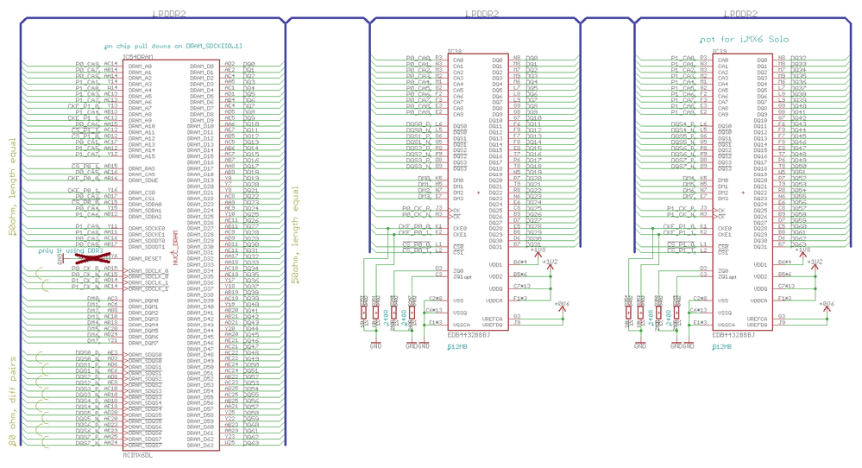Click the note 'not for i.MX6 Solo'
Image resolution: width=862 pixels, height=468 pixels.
(743, 40)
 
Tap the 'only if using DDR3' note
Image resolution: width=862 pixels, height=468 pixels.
(65, 250)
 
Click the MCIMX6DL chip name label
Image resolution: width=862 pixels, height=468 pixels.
(138, 454)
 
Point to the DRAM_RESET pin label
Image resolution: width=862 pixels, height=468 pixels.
(146, 258)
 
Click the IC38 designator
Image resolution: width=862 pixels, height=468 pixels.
(455, 52)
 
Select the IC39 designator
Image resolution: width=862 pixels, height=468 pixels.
(719, 52)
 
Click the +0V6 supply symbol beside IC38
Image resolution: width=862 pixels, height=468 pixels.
(562, 304)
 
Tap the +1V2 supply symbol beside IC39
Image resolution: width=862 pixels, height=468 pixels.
(815, 261)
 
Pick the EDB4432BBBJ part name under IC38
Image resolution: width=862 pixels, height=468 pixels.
(469, 335)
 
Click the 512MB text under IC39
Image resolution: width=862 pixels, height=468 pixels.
(721, 345)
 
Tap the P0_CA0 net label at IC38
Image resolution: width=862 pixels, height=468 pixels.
(419, 60)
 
